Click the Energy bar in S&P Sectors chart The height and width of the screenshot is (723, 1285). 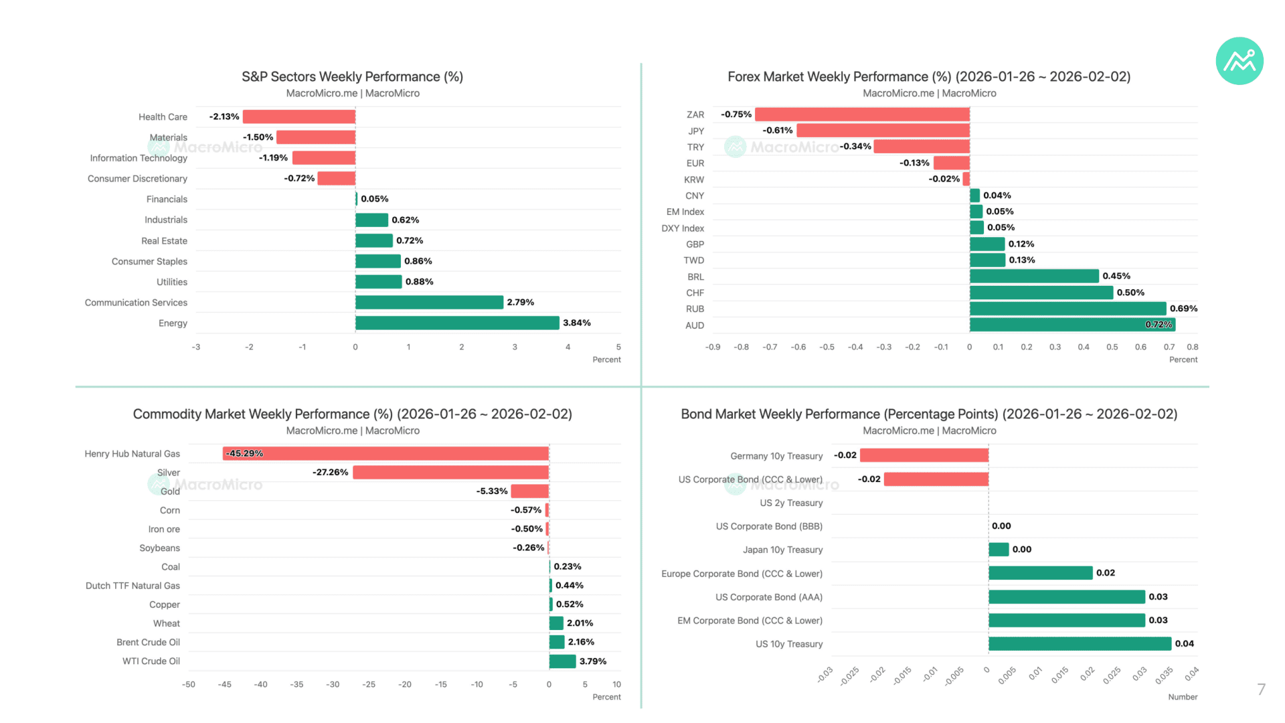457,323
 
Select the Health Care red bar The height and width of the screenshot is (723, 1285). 299,116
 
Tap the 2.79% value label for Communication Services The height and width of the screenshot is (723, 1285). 521,302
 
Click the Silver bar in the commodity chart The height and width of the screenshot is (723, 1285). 451,472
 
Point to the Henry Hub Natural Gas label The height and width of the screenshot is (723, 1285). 133,453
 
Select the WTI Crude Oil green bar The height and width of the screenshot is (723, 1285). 562,661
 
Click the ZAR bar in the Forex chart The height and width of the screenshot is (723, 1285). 862,114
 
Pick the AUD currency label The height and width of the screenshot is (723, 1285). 695,325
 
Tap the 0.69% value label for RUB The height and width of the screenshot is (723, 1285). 1184,309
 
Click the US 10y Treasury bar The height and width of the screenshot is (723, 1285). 1080,643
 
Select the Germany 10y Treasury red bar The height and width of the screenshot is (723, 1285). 924,455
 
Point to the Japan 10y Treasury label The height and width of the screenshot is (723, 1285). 782,550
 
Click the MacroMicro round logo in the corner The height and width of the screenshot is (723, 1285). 1239,61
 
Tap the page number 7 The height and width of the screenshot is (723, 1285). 1262,690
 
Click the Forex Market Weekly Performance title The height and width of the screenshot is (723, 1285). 929,76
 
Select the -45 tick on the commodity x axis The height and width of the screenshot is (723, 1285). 225,684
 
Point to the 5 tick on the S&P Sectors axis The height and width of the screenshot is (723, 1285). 618,347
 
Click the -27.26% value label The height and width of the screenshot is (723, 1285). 331,472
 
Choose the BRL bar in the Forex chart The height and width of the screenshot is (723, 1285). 1034,276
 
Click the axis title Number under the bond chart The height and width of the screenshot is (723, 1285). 1183,697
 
